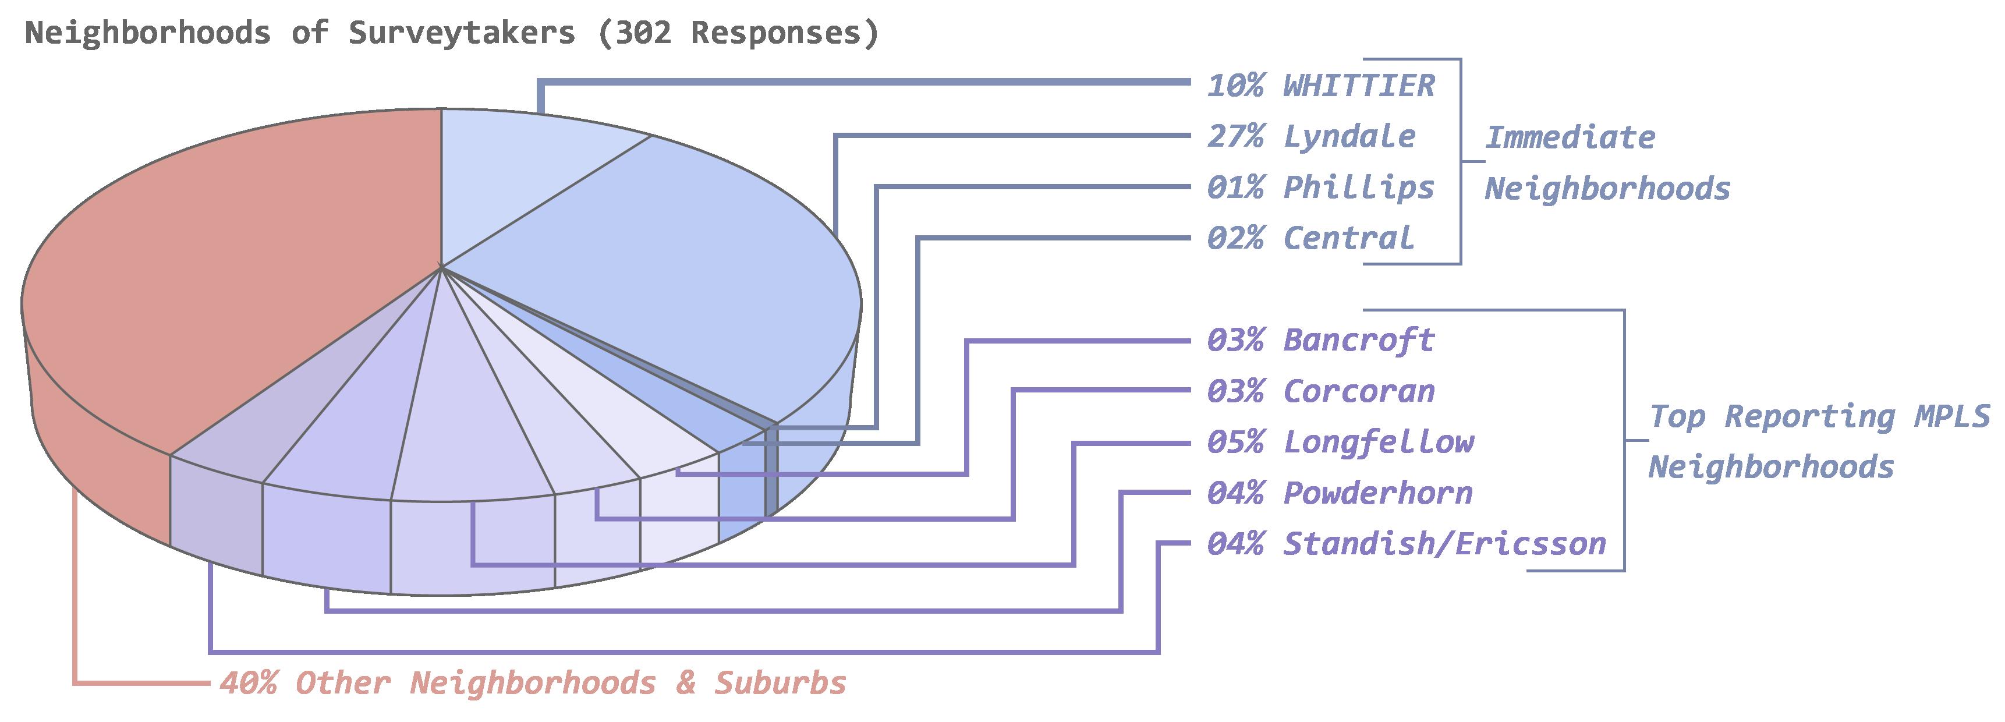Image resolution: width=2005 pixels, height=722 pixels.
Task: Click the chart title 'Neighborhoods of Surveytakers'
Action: pos(300,33)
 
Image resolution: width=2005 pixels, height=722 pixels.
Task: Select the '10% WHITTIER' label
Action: pos(1320,85)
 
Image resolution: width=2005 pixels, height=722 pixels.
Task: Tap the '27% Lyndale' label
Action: pos(1310,136)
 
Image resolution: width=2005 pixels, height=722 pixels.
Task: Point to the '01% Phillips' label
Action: pos(1320,187)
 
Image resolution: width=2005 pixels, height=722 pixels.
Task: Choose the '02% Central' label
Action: pos(1310,238)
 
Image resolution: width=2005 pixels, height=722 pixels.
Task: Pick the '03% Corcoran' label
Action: pos(1320,391)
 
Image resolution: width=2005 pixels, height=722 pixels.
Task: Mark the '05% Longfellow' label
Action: pos(1340,441)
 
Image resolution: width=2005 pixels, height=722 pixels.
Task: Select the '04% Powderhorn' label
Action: pos(1340,493)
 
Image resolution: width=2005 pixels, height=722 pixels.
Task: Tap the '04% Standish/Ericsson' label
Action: pos(1406,544)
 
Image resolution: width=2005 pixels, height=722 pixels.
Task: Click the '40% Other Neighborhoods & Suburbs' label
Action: pos(532,683)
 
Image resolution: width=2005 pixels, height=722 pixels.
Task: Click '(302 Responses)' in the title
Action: pos(738,33)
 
